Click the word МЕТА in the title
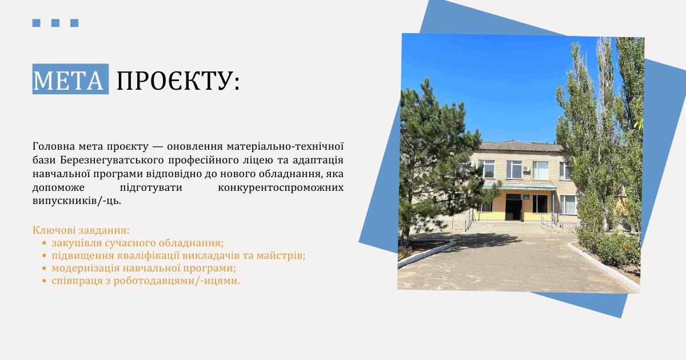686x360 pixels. tap(68, 80)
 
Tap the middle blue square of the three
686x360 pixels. tap(55, 23)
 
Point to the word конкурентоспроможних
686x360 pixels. tap(281, 187)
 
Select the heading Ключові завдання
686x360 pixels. tap(81, 230)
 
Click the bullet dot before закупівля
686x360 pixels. tap(45, 243)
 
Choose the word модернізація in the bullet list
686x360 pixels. tap(85, 268)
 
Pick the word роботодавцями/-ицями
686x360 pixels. tap(177, 281)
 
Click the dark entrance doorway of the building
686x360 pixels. tap(513, 207)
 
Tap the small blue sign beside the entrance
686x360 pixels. tap(526, 197)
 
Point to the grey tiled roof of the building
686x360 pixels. tap(521, 147)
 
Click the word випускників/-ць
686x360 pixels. tap(77, 201)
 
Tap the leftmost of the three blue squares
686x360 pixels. tap(37, 23)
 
